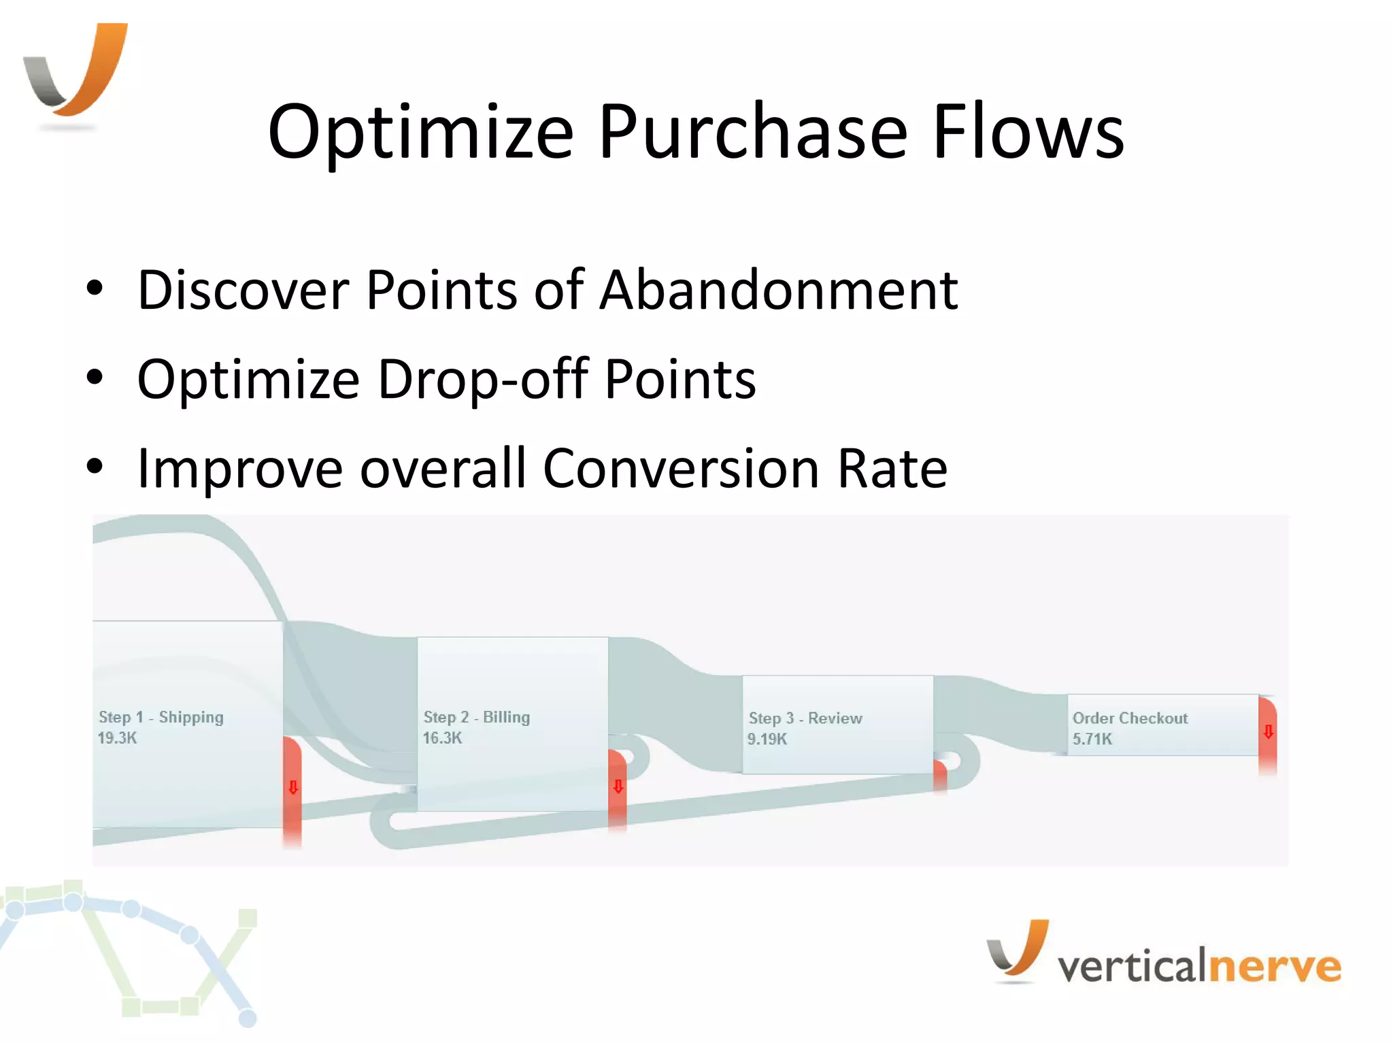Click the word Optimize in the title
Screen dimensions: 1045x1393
point(421,133)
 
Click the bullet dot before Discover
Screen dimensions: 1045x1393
point(95,288)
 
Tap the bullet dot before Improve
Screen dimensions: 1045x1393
point(95,467)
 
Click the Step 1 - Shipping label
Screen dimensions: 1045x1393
point(161,717)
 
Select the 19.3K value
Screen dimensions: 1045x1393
point(117,738)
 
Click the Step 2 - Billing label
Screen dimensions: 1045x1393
point(476,717)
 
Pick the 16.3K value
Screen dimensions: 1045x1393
point(442,738)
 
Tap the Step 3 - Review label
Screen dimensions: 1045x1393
point(805,718)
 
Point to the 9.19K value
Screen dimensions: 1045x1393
point(767,740)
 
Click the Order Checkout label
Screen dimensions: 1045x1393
point(1130,718)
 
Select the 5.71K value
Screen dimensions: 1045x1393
point(1092,740)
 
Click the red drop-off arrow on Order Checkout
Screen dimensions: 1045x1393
point(1268,732)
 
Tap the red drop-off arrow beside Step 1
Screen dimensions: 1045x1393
point(293,788)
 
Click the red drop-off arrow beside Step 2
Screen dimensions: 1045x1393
point(618,787)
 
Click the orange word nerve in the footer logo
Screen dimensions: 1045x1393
point(1276,966)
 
